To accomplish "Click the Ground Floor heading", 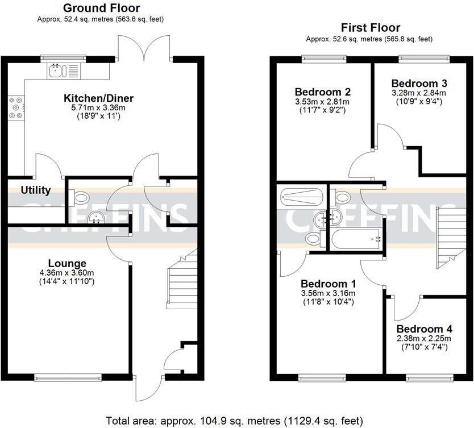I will (101, 8).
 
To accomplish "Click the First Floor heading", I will (370, 27).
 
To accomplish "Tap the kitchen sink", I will (56, 70).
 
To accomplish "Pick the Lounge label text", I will (67, 263).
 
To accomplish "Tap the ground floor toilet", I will (81, 198).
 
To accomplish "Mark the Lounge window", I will (68, 376).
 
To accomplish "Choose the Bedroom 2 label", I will (322, 92).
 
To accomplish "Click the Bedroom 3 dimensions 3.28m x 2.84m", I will (418, 93).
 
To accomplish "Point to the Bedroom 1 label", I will (328, 284).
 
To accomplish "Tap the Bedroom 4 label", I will (425, 329).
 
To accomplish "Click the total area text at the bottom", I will (237, 421).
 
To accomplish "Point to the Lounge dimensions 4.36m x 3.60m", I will (67, 273).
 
